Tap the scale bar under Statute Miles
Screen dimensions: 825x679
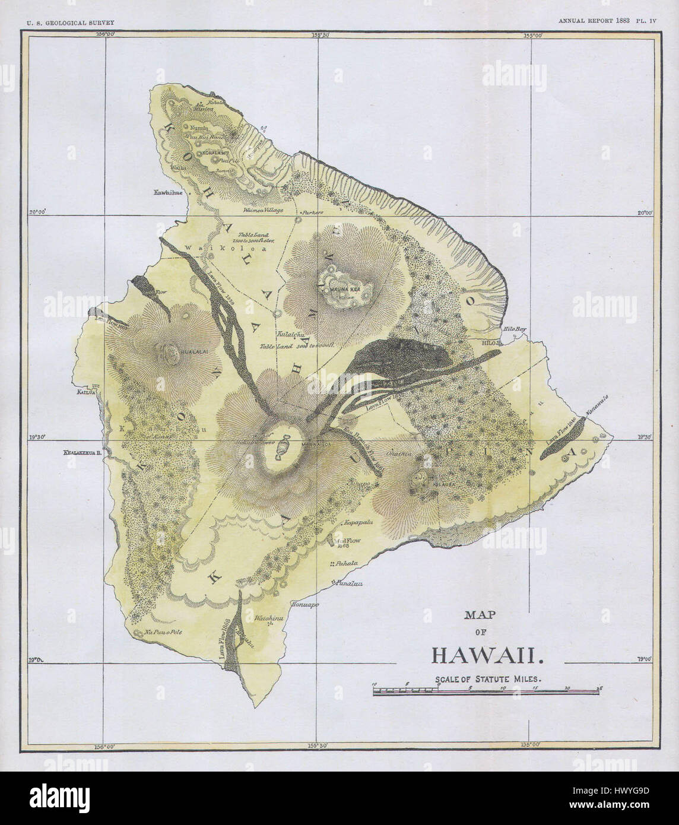point(487,691)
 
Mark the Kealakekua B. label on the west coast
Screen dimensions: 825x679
point(81,452)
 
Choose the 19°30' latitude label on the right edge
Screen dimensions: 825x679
point(643,437)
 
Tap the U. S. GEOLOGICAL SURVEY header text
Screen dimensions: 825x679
point(66,23)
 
